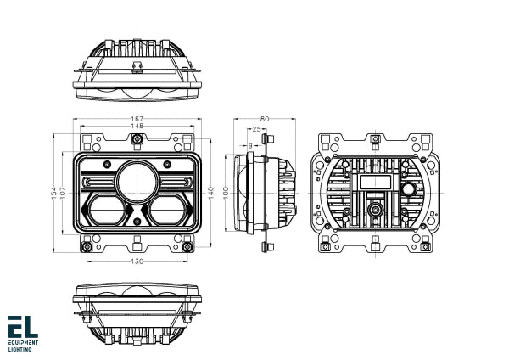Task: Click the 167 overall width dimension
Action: tap(137, 118)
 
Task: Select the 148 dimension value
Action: tap(137, 127)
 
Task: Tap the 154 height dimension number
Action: tap(53, 194)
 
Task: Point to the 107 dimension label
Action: tap(63, 194)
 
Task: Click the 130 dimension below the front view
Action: tap(137, 262)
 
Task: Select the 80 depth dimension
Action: tap(264, 119)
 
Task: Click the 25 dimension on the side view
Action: tap(256, 129)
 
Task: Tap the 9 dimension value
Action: tap(251, 145)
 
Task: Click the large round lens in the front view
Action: tap(136, 180)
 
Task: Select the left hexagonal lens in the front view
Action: tap(106, 210)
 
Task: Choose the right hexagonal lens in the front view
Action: tap(166, 210)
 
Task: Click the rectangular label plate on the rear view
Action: tap(373, 182)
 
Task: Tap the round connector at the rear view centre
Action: tap(373, 208)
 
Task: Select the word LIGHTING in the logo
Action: tap(20, 348)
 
